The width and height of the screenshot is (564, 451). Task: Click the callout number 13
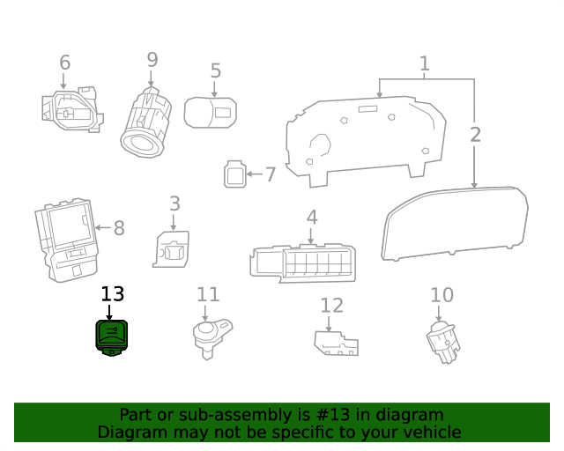(x=113, y=294)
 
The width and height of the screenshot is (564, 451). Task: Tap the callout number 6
(x=64, y=63)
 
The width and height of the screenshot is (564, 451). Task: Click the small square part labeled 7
(x=234, y=174)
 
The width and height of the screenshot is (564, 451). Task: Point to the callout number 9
(x=152, y=60)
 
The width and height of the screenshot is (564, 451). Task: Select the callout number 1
(x=424, y=63)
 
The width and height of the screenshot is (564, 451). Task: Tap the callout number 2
(x=475, y=135)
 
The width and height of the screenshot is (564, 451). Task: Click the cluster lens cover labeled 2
(x=454, y=224)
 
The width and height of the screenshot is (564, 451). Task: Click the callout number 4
(x=312, y=217)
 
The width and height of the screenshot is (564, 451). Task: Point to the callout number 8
(x=119, y=228)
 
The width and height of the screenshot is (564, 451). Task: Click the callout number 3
(x=174, y=203)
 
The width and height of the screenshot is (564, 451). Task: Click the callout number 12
(x=331, y=306)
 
